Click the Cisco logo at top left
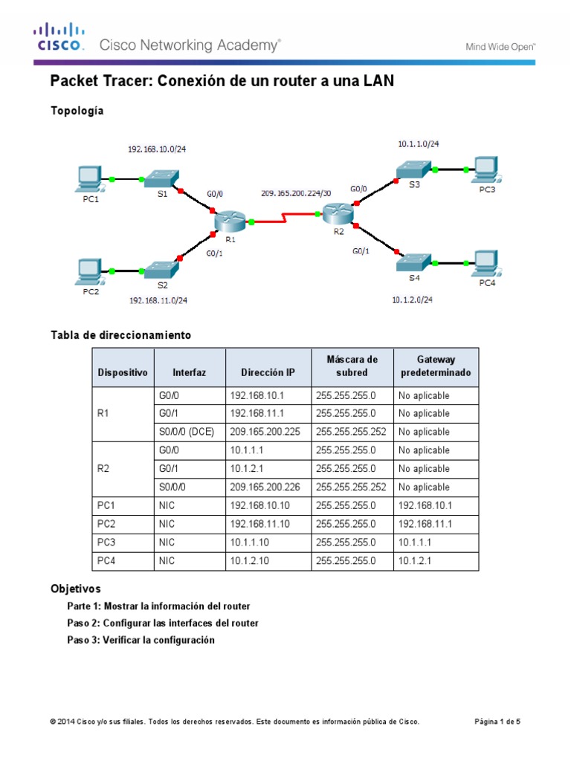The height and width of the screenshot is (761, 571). coord(59,38)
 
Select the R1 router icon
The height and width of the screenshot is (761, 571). coord(229,221)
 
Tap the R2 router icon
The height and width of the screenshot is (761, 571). coord(339,214)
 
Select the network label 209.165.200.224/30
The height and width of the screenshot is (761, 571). coord(296,192)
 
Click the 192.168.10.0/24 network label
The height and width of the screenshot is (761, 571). coord(157,149)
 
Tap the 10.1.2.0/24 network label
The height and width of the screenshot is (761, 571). coord(412,300)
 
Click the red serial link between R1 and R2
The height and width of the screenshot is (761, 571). coord(285,218)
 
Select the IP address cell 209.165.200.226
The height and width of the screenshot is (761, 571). coord(268,488)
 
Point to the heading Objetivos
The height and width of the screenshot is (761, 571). coord(75,589)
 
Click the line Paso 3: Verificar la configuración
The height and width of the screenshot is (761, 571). coord(141,640)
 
